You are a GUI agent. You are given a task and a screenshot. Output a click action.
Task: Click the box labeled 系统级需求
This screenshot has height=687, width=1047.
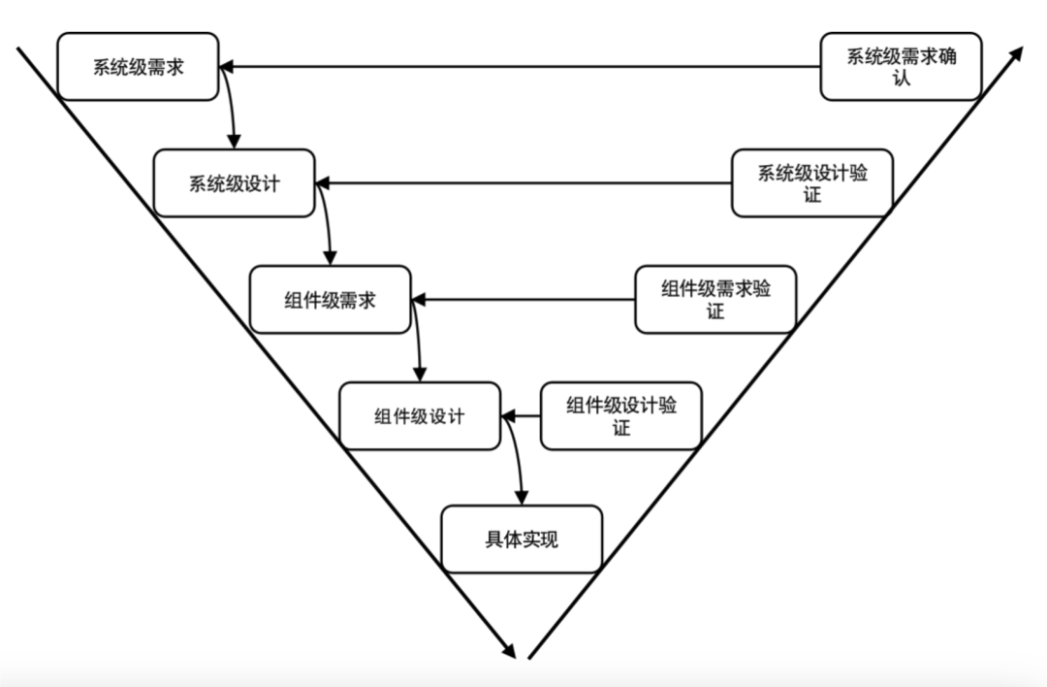click(138, 67)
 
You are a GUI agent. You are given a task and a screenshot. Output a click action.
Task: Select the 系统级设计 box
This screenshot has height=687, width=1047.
click(235, 183)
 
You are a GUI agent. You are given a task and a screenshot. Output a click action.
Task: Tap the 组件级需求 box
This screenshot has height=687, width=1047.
click(330, 300)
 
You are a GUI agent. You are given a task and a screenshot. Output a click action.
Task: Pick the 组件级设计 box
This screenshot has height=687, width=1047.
click(420, 416)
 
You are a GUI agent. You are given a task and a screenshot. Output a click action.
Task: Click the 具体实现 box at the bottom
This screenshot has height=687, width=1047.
click(522, 539)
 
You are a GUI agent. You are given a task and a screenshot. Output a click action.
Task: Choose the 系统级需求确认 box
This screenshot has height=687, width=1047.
click(901, 67)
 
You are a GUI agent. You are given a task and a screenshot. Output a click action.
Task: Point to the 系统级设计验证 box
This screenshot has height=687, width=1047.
click(811, 183)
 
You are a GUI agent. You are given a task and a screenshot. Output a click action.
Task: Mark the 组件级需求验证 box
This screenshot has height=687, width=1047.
click(715, 300)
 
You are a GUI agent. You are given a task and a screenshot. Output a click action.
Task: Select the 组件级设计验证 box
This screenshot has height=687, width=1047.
click(620, 416)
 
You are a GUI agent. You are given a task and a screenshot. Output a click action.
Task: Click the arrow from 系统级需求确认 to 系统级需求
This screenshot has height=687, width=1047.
click(520, 67)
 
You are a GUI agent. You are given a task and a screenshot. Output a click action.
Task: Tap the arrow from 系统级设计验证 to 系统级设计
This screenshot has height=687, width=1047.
click(523, 183)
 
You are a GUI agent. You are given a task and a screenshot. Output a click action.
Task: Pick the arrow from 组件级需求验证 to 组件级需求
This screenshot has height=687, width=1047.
click(523, 300)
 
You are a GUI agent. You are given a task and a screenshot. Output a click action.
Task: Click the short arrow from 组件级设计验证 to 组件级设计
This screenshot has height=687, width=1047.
click(521, 416)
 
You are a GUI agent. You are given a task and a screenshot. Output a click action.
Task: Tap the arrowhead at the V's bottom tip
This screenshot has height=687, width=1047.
click(507, 649)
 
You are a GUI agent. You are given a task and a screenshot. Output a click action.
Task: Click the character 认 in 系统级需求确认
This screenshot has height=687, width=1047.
click(902, 78)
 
